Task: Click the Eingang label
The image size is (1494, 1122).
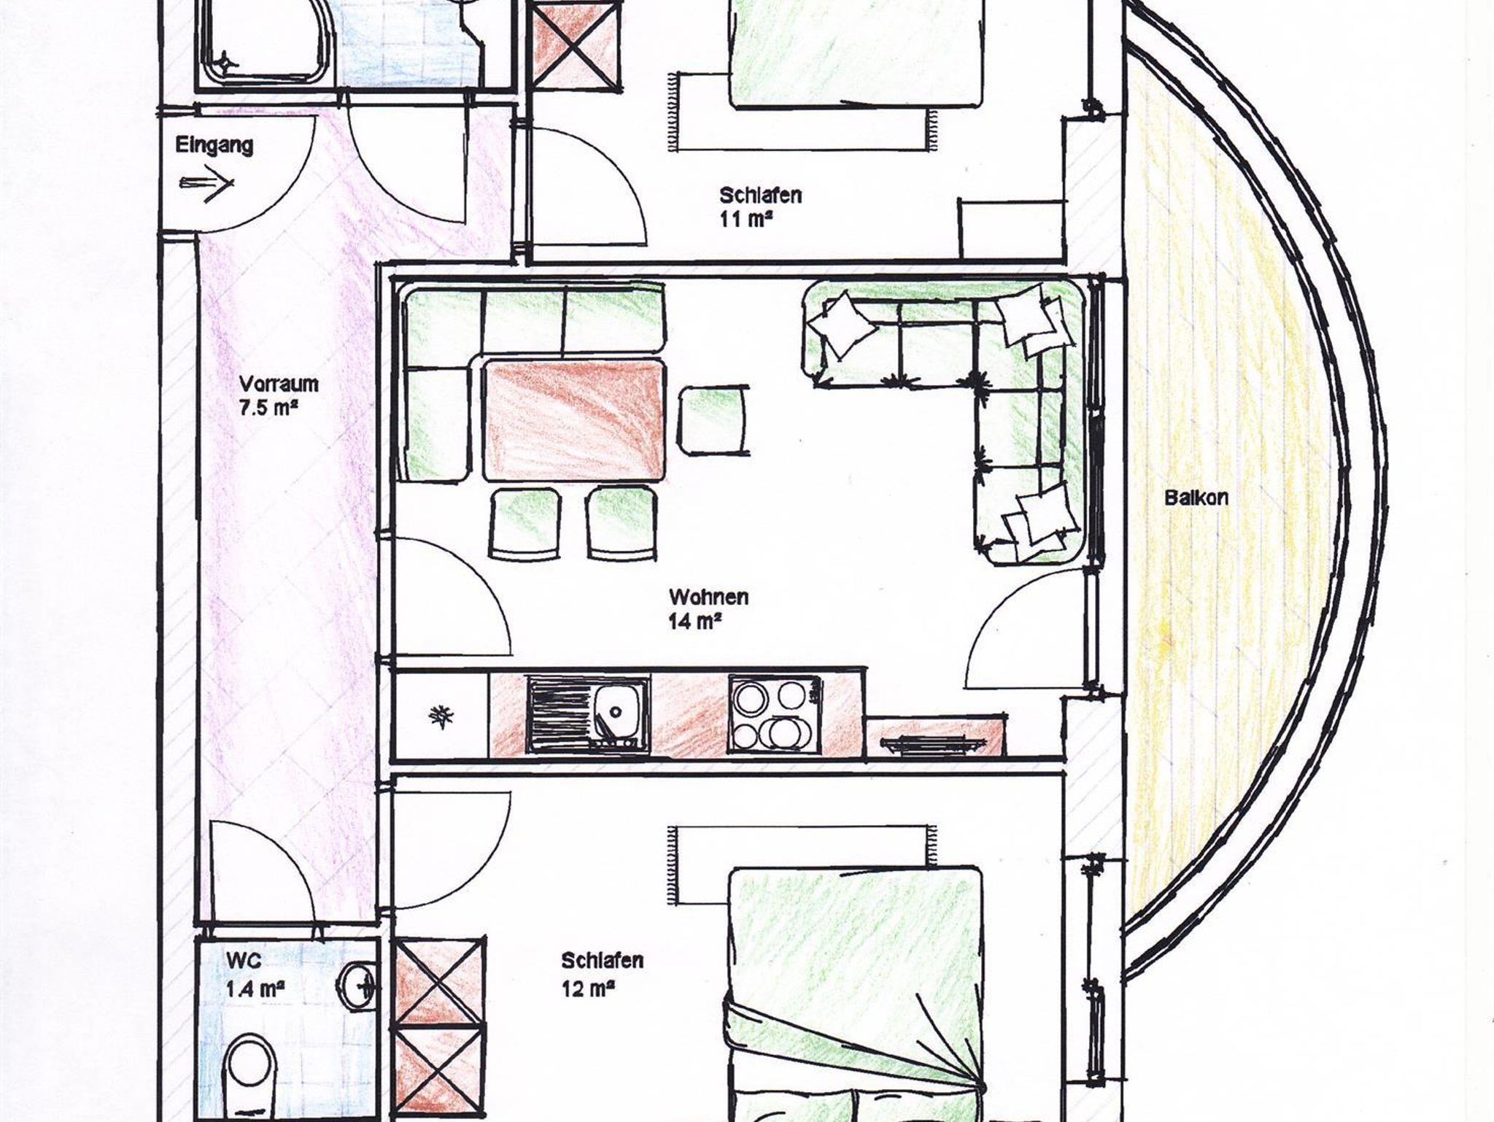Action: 214,145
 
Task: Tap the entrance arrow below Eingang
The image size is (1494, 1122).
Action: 207,184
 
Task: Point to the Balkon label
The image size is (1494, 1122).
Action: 1196,498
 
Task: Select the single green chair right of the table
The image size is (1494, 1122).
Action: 714,420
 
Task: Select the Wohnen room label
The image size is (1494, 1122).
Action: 708,597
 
